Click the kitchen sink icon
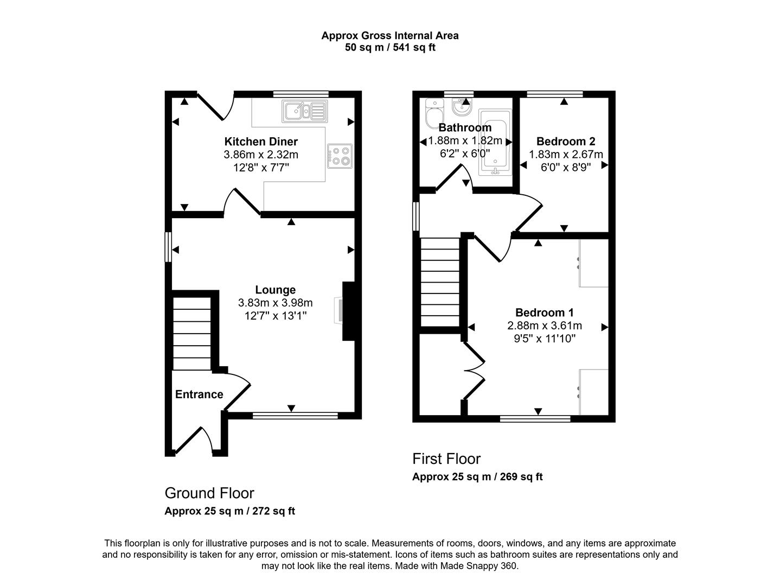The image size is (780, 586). tap(304, 111)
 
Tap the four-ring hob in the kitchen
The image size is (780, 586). tap(340, 155)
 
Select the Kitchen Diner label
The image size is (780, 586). tap(261, 142)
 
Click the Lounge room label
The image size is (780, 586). tap(276, 290)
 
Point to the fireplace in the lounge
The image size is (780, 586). tap(348, 311)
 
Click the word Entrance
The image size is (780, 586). tap(199, 394)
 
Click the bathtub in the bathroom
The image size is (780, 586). tap(495, 143)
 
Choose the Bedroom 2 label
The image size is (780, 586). tap(566, 142)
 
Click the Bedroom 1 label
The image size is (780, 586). tap(544, 313)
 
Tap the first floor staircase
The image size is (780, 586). tap(440, 282)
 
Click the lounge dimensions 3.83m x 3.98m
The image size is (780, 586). tap(275, 303)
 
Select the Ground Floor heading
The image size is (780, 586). tap(209, 493)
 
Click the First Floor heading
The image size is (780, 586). tap(446, 459)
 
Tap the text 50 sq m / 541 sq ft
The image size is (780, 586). tap(390, 47)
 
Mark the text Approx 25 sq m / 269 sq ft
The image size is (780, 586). tap(477, 477)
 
